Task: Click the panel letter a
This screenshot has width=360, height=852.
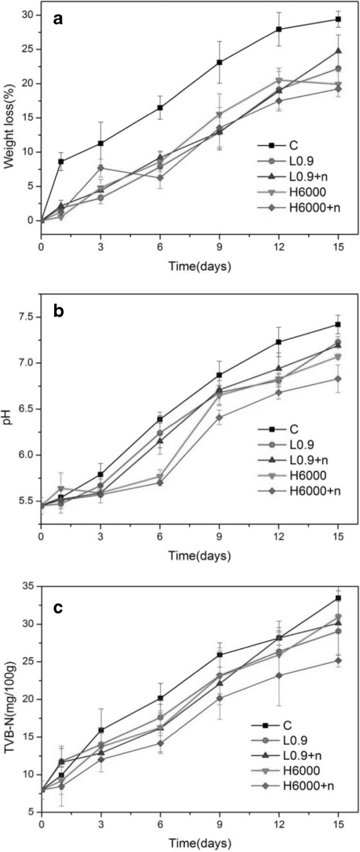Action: pyautogui.click(x=58, y=20)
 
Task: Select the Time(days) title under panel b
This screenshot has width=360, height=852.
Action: pyautogui.click(x=199, y=555)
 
